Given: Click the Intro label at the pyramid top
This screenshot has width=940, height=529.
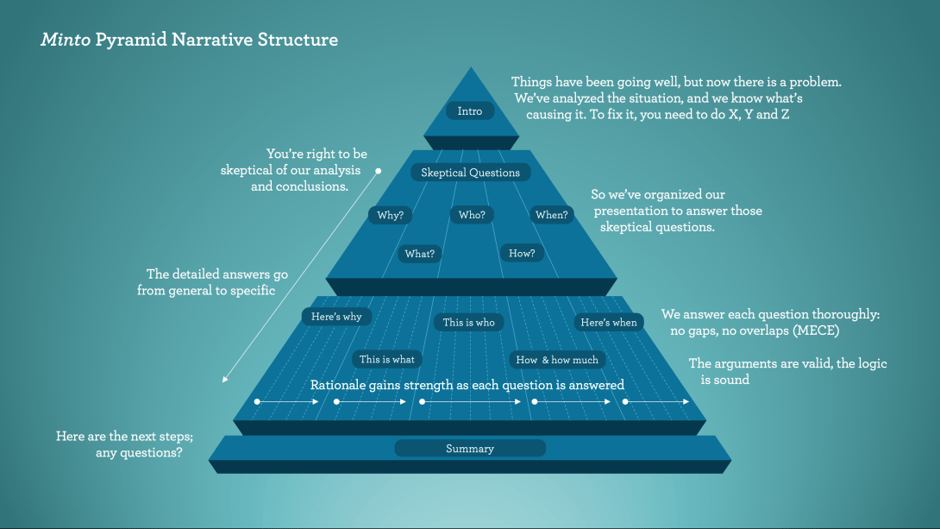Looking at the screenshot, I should [470, 111].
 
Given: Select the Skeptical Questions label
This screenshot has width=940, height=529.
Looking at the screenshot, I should [470, 173].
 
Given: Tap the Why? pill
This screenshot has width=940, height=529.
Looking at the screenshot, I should [390, 215].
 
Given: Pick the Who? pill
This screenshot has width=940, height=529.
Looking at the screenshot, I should [472, 215].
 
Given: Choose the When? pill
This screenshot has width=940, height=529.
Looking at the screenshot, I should [552, 215].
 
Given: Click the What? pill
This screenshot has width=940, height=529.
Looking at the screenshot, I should [420, 254].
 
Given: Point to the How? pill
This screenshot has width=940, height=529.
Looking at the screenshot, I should [522, 254].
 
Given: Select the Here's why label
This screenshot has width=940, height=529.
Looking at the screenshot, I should [336, 317].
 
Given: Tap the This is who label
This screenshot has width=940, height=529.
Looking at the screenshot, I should [469, 323].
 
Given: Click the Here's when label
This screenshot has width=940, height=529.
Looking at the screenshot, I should [609, 323].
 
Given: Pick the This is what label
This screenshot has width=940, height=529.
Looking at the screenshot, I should [386, 359].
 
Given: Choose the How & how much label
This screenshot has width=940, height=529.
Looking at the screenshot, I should [557, 359].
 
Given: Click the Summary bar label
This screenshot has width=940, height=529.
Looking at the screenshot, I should [470, 449].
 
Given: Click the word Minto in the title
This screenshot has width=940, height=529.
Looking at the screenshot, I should [66, 40].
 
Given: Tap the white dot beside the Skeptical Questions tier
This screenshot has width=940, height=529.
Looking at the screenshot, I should [378, 172].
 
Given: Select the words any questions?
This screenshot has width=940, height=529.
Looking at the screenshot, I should [139, 452].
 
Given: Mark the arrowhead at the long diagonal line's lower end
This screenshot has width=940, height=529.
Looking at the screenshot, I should [224, 381].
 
